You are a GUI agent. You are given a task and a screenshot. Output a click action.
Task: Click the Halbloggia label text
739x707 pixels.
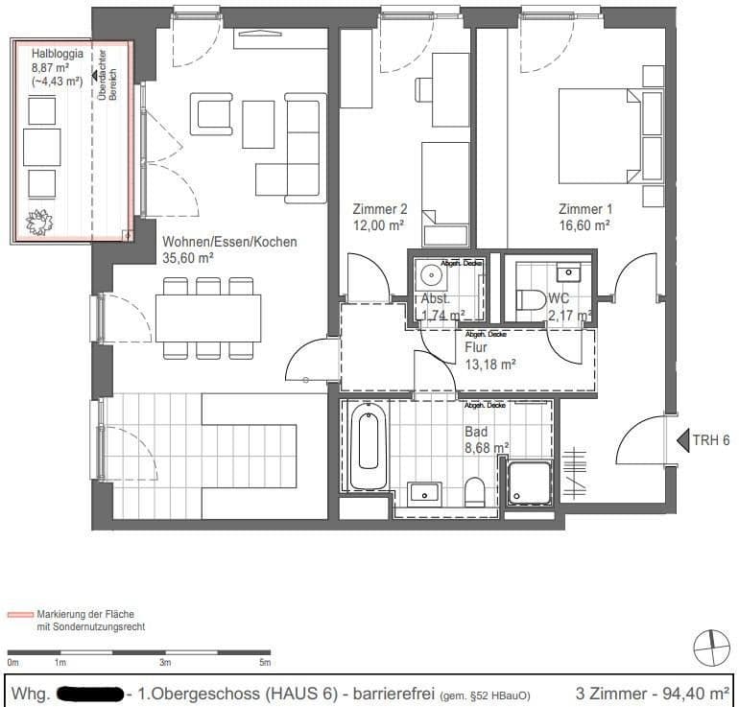[57, 55]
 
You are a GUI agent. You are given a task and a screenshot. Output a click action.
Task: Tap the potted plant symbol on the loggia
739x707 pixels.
[40, 223]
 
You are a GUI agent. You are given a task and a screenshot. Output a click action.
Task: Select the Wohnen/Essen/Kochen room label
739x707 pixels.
[229, 242]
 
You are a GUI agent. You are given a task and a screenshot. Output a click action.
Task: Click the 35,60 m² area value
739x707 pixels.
[188, 257]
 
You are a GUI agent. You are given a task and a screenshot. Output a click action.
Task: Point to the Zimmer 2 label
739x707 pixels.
[379, 208]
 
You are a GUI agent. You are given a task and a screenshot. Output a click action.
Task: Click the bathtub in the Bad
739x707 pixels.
[368, 446]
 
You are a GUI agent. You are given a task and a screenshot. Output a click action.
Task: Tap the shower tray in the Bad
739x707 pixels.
[530, 483]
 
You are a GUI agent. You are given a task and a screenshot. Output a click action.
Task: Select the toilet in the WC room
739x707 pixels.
[530, 301]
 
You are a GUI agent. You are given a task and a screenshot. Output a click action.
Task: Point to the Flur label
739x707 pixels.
[477, 348]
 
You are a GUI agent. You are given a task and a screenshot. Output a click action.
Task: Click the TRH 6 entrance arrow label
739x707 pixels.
[711, 440]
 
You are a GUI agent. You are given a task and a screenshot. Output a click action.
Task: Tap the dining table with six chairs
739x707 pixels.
[208, 317]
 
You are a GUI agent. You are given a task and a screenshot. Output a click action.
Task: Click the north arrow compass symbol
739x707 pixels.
[711, 648]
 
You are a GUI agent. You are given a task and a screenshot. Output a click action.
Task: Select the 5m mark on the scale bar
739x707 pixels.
[265, 663]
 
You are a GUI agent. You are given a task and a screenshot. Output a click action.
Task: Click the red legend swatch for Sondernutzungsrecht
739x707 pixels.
[21, 613]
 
